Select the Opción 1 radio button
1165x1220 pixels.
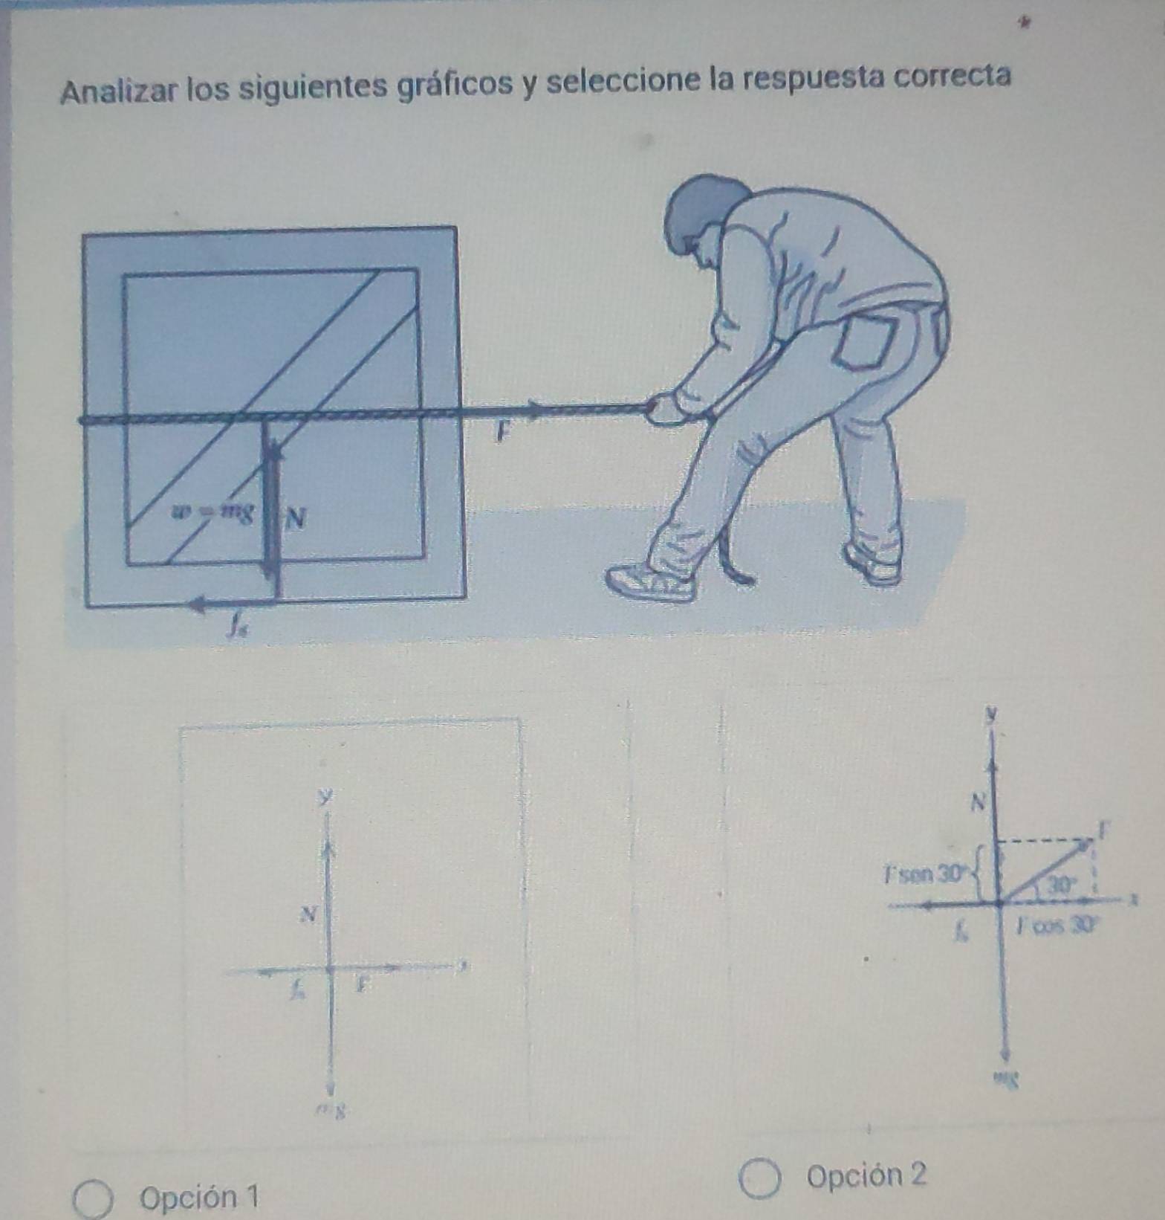click(x=93, y=1198)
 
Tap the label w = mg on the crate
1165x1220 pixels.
click(x=212, y=511)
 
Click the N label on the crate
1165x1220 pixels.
click(x=295, y=517)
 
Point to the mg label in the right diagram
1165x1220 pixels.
click(x=1007, y=1075)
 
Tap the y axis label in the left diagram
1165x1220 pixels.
click(x=322, y=798)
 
